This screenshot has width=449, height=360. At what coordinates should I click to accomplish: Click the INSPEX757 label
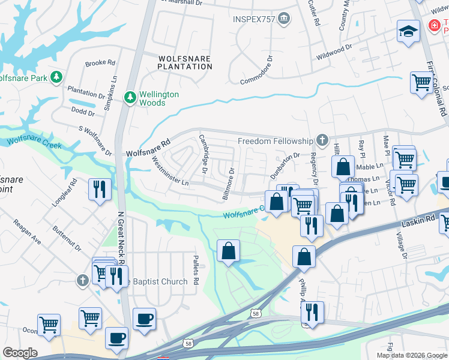253,19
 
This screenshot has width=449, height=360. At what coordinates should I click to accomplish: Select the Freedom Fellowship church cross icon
322,141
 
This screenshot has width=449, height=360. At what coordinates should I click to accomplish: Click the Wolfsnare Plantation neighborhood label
185,62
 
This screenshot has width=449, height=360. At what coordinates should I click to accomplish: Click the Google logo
20,353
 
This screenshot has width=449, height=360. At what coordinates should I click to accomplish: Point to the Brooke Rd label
100,62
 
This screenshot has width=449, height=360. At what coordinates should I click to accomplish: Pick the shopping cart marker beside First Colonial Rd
421,82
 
